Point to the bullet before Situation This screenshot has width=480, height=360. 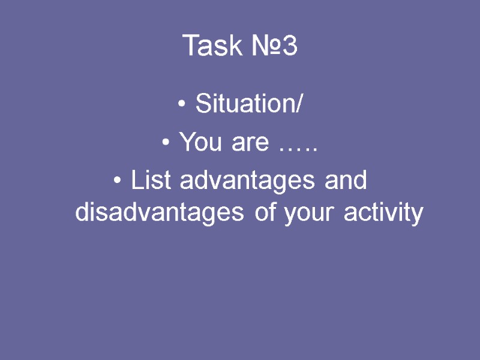[x=182, y=106]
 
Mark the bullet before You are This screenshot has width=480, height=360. [x=166, y=144]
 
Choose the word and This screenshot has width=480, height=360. [x=345, y=180]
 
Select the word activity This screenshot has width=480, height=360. [x=384, y=213]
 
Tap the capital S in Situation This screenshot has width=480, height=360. [x=202, y=104]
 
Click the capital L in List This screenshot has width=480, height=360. [x=136, y=180]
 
